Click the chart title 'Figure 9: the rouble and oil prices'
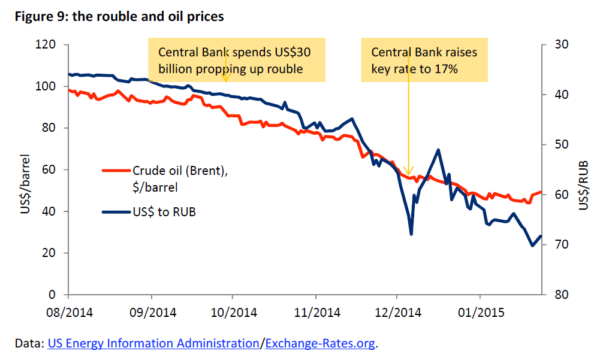pyautogui.click(x=119, y=16)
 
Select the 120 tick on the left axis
pyautogui.click(x=49, y=45)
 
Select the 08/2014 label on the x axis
pyautogui.click(x=69, y=312)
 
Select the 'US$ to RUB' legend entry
pyautogui.click(x=164, y=211)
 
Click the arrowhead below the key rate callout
pyautogui.click(x=408, y=171)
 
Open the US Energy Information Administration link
pyautogui.click(x=153, y=343)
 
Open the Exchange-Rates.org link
pyautogui.click(x=320, y=343)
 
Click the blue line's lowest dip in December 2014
pyautogui.click(x=411, y=234)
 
